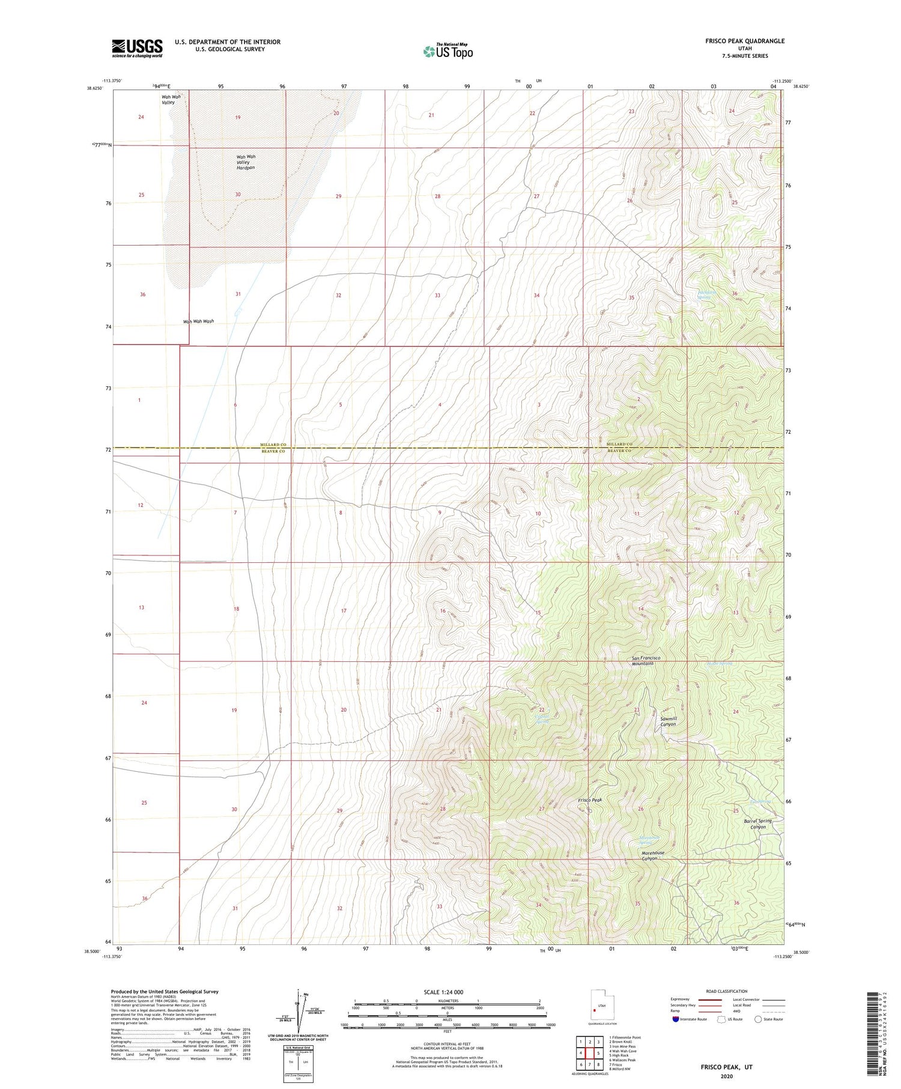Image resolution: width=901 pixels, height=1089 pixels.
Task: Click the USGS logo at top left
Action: coord(137,48)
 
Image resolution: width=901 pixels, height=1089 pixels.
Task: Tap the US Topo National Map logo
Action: coord(448,51)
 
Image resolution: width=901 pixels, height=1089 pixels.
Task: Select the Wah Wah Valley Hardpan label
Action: coord(246,162)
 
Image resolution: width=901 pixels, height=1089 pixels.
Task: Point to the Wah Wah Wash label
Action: coord(198,321)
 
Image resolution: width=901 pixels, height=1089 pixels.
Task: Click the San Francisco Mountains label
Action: coord(646,661)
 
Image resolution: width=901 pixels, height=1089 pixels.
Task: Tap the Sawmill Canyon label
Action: coord(668,721)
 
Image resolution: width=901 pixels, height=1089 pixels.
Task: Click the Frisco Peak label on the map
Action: coord(589,800)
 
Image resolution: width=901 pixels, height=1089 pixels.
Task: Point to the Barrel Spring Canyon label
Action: coord(757,824)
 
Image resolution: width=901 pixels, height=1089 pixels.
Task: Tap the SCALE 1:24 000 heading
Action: coord(447,992)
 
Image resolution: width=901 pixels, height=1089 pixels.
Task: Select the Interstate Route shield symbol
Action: coord(675,1019)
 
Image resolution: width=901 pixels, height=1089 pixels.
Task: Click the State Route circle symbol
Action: coord(758,1019)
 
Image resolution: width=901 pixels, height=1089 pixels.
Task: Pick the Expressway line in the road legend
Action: coord(710,1000)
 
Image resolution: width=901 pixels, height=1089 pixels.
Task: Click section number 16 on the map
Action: coord(443,611)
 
